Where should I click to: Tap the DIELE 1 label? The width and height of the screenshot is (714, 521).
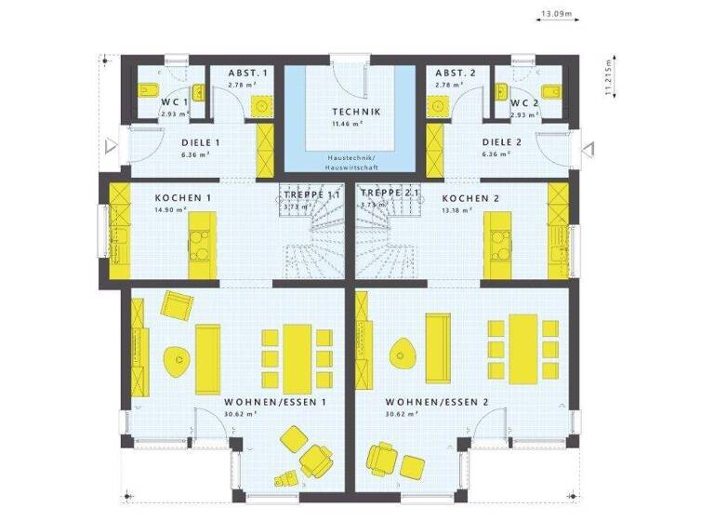(x=200, y=143)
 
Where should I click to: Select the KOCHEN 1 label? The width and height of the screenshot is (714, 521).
(x=182, y=198)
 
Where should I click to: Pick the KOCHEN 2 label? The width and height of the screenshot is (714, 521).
(x=471, y=198)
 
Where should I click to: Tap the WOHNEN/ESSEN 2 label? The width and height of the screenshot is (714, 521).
(x=436, y=403)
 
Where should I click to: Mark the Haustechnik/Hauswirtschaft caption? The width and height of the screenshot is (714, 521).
(x=343, y=161)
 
